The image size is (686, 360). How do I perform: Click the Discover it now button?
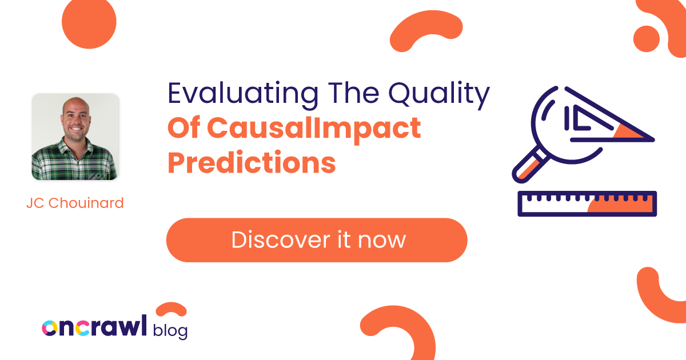[x=317, y=240]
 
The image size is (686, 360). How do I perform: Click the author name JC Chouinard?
[x=75, y=203]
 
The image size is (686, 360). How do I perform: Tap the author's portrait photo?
[x=75, y=137]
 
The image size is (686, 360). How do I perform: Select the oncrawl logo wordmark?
[x=94, y=327]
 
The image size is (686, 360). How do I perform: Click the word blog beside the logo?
[x=170, y=330]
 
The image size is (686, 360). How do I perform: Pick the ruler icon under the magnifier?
[x=587, y=204]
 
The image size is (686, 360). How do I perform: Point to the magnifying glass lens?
[x=563, y=117]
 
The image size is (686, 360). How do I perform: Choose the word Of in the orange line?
[x=184, y=128]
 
